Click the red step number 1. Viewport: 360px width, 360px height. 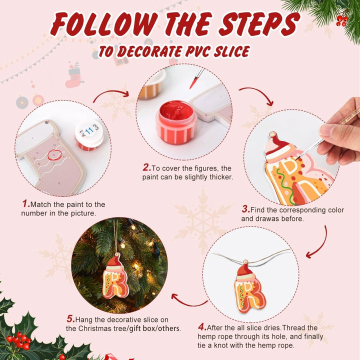click(25, 204)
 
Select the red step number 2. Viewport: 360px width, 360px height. click(146, 167)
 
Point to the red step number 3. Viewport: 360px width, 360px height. click(245, 209)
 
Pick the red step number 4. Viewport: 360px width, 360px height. click(202, 327)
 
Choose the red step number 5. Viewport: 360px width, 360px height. click(70, 319)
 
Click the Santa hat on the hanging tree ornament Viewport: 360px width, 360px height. click(114, 261)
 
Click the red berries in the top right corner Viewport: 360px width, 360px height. click(342, 20)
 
